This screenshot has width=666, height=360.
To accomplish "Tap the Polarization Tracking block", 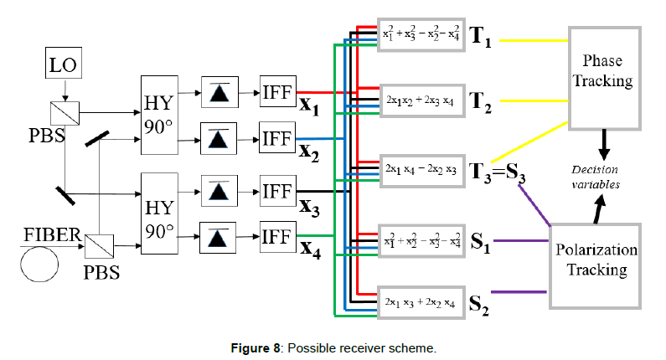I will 594,260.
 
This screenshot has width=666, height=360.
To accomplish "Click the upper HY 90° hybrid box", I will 159,115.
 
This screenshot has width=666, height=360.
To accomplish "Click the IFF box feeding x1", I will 276,92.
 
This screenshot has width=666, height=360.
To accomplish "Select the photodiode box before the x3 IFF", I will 219,190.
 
